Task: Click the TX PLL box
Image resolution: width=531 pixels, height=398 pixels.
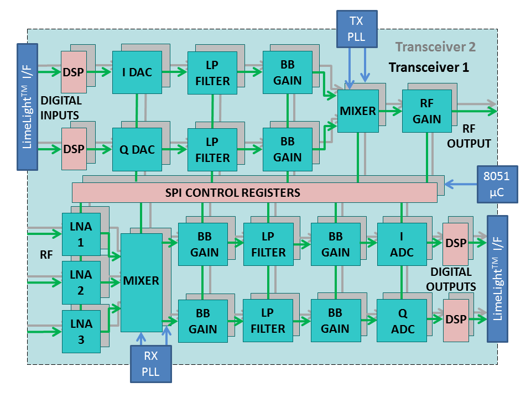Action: point(356,29)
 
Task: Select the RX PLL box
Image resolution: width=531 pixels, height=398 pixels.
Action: point(151,364)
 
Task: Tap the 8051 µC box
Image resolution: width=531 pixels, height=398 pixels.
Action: point(497,184)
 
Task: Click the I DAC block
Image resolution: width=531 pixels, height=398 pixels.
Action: point(137,72)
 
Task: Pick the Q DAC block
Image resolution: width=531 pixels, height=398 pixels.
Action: point(137,149)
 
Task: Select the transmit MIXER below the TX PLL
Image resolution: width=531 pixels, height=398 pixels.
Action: point(357,111)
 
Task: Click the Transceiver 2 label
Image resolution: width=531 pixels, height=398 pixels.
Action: point(435,47)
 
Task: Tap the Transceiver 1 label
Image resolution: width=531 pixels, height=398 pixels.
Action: point(429,67)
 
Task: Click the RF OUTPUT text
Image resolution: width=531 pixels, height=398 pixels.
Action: point(469,138)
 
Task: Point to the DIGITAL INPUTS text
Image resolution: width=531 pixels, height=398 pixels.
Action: point(61,108)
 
